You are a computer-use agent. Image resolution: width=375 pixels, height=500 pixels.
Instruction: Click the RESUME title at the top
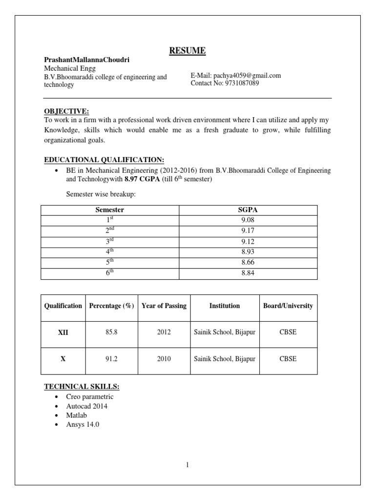(x=187, y=50)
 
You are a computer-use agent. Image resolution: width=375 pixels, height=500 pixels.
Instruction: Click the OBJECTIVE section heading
(x=66, y=111)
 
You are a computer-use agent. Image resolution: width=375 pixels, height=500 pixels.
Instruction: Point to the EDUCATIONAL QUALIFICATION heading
(x=104, y=160)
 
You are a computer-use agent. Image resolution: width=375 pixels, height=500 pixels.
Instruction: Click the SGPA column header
(x=248, y=210)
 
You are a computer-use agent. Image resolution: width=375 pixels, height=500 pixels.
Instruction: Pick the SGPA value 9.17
(x=248, y=231)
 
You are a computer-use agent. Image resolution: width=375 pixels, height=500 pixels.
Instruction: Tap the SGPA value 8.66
(x=248, y=263)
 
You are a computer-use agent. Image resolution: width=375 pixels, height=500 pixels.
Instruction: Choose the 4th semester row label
(x=109, y=252)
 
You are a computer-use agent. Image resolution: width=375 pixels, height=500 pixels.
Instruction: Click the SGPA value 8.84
(x=248, y=273)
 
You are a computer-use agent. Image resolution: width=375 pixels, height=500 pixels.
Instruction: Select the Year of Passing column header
(x=164, y=306)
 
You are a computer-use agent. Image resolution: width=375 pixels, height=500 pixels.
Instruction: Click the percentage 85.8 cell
(x=111, y=333)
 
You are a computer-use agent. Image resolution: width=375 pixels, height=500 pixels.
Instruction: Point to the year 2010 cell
(x=164, y=359)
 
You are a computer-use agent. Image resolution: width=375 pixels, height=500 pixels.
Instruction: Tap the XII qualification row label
(x=63, y=333)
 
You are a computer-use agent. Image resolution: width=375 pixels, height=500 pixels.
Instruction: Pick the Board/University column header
(x=288, y=306)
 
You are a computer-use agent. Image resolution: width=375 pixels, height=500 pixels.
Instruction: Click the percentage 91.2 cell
(x=111, y=359)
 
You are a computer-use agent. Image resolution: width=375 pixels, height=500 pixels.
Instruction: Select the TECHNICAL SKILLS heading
(x=82, y=387)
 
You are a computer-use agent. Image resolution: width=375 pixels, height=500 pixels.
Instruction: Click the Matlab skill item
(x=76, y=416)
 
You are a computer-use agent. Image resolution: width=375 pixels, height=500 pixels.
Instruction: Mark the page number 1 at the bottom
(x=187, y=465)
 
